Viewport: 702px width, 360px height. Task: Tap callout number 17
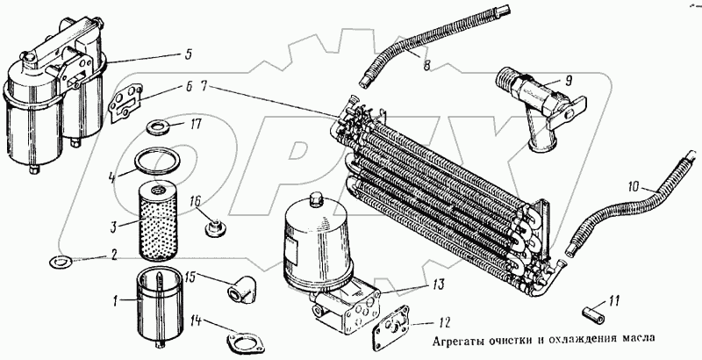pyautogui.click(x=197, y=126)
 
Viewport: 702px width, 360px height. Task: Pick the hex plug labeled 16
pyautogui.click(x=213, y=231)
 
